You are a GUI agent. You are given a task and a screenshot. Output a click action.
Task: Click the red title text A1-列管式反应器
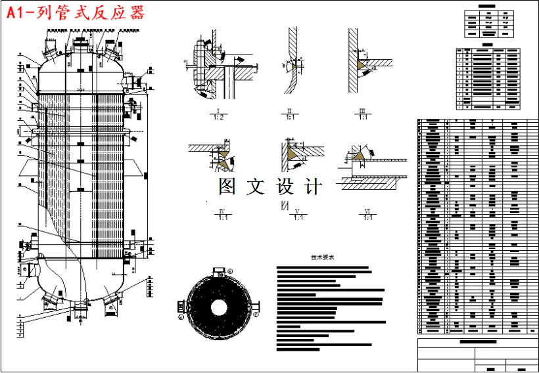tap(76, 13)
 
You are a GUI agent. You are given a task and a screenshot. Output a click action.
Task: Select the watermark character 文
tap(256, 186)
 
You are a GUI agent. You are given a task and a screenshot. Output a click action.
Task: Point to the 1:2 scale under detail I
tap(218, 116)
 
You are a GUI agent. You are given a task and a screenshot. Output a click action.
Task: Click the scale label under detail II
tap(290, 116)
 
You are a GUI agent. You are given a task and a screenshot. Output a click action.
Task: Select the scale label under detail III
tap(362, 116)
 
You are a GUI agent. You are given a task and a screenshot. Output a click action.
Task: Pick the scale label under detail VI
tap(368, 217)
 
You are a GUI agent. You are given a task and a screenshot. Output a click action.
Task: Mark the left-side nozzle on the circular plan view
tap(181, 307)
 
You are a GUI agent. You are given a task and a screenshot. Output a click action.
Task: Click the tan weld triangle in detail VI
tap(359, 155)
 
